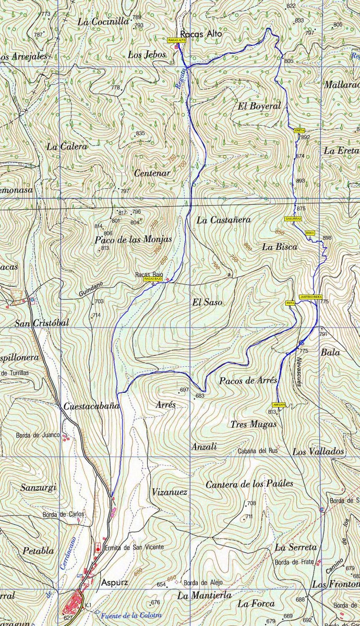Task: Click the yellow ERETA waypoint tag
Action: tap(299, 130)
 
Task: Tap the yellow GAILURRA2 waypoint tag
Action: tap(293, 219)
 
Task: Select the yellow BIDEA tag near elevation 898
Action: tap(310, 232)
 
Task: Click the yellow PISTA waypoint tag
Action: tap(290, 303)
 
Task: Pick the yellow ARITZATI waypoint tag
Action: tap(279, 404)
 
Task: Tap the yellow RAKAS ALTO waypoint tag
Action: tap(177, 40)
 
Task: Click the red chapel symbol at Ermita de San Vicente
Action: tap(98, 549)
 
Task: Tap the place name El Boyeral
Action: tap(259, 106)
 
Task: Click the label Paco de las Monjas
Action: tap(133, 239)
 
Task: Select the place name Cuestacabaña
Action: tap(91, 406)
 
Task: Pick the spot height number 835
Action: tap(140, 134)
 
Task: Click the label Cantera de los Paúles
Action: tap(249, 484)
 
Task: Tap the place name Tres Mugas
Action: tap(254, 424)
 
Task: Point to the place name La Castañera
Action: tap(223, 220)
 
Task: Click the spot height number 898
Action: tap(327, 238)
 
